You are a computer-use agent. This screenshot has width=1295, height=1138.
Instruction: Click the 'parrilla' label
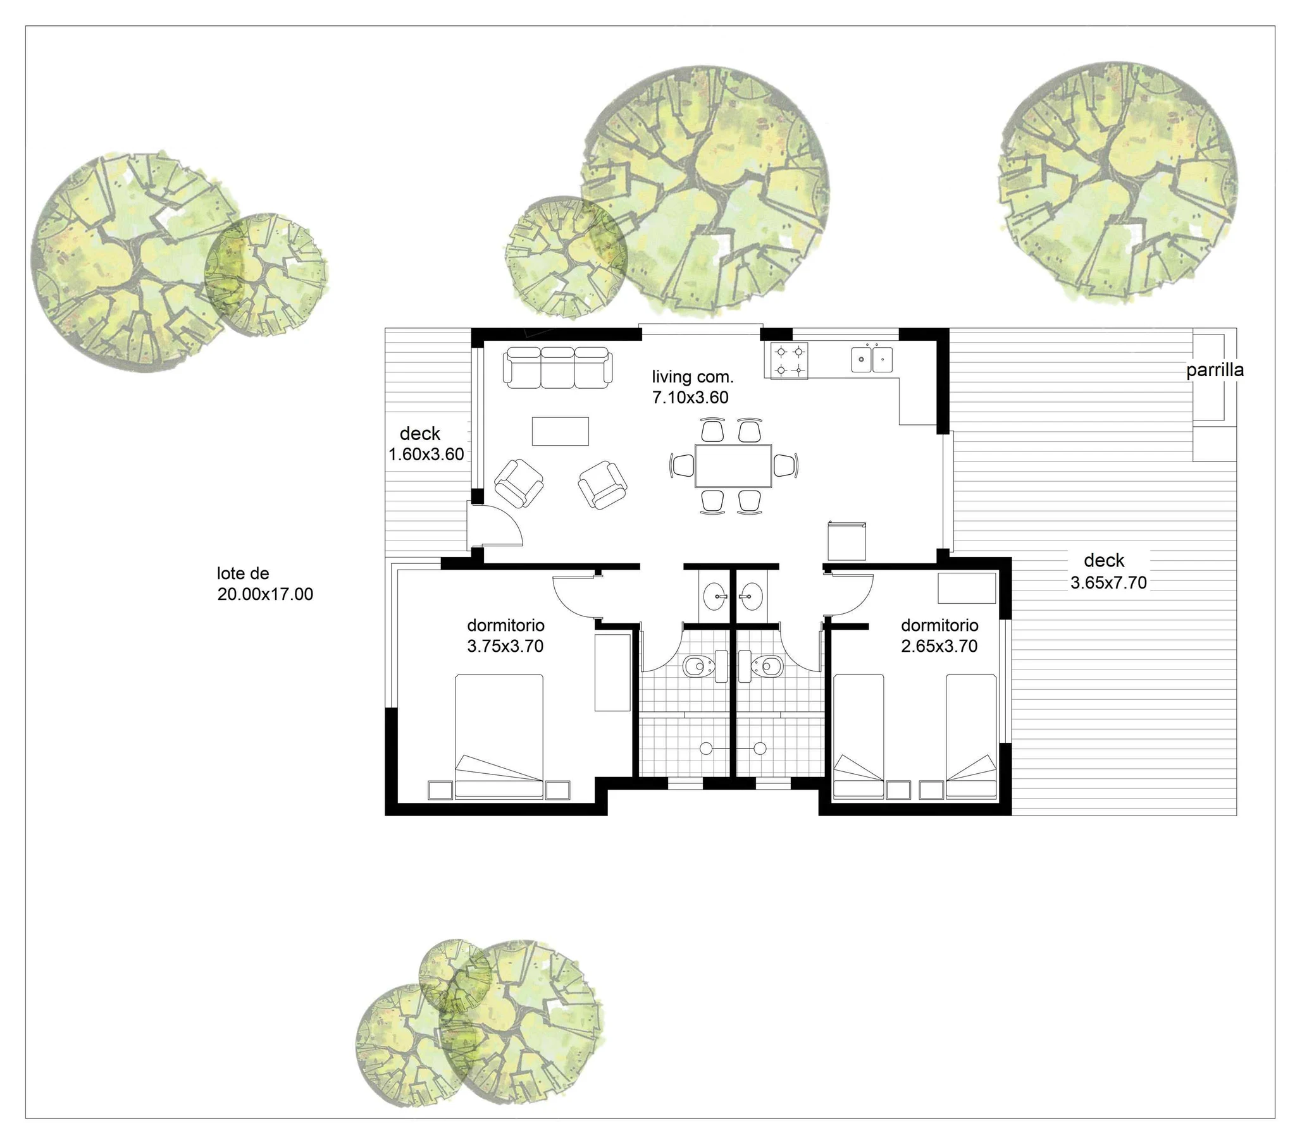pos(1215,370)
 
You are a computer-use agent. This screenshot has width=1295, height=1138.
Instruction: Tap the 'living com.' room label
pos(693,377)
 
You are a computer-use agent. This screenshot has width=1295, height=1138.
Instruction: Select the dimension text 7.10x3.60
pos(690,398)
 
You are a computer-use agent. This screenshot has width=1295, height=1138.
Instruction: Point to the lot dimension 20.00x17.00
pos(265,594)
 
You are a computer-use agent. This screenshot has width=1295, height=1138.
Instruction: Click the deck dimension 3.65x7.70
pos(1109,583)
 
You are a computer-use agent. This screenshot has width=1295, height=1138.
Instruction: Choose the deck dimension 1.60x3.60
pos(426,454)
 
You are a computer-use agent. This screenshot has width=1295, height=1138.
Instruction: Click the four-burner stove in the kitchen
pos(789,360)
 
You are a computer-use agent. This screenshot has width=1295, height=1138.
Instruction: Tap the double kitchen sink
pos(872,359)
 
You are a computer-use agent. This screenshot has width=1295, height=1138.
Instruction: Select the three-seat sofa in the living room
pos(557,367)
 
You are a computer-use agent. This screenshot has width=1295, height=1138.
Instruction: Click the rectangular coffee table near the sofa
pos(560,431)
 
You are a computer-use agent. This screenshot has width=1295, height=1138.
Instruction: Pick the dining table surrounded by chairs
pos(733,465)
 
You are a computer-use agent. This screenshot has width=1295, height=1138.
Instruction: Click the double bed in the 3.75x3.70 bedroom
pos(499,736)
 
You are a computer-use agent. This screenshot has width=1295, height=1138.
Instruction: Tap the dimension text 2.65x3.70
pos(939,646)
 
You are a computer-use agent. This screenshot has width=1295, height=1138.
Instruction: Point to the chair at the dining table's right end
pos(786,465)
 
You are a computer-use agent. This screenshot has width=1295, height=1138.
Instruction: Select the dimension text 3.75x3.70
pos(505,646)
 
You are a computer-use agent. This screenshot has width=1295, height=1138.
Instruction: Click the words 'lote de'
pos(243,573)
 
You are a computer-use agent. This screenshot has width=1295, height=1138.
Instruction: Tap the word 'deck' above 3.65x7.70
pos(1104,560)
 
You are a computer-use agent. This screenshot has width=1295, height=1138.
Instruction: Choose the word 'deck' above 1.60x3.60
pos(419,434)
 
